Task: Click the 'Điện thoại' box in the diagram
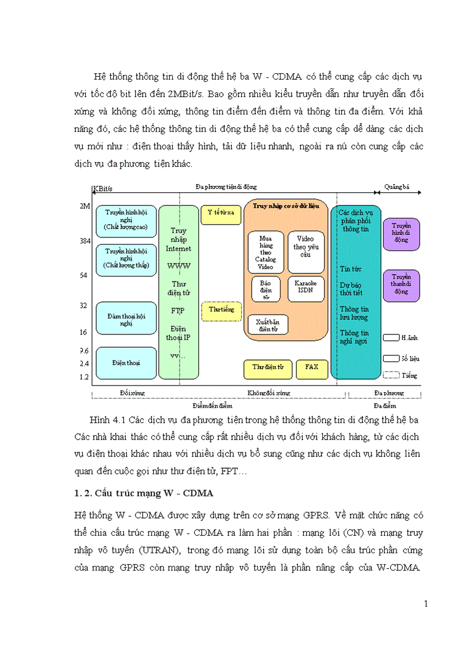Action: pyautogui.click(x=126, y=363)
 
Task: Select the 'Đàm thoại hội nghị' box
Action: pyautogui.click(x=126, y=318)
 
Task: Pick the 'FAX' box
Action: pyautogui.click(x=312, y=368)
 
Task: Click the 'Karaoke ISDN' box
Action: pyautogui.click(x=306, y=289)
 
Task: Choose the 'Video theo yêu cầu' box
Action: pyautogui.click(x=306, y=251)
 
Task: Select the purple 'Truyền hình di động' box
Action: pyautogui.click(x=401, y=233)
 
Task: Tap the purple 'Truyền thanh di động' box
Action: pyautogui.click(x=401, y=284)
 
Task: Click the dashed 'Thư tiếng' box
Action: pyautogui.click(x=221, y=311)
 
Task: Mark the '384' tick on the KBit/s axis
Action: pyautogui.click(x=84, y=240)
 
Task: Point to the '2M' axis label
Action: pyautogui.click(x=84, y=206)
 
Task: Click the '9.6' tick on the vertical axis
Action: pyautogui.click(x=84, y=351)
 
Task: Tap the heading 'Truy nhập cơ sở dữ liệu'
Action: pyautogui.click(x=286, y=207)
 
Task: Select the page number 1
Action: pyautogui.click(x=426, y=604)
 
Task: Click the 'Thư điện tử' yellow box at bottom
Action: pyautogui.click(x=267, y=368)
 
